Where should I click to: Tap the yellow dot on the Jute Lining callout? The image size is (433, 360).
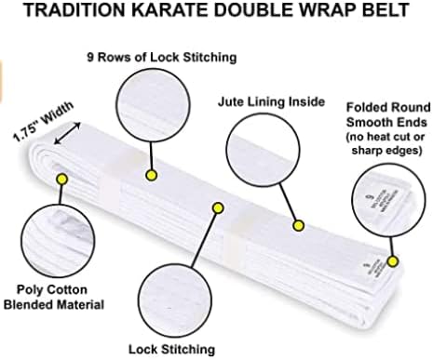coord(299,225)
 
